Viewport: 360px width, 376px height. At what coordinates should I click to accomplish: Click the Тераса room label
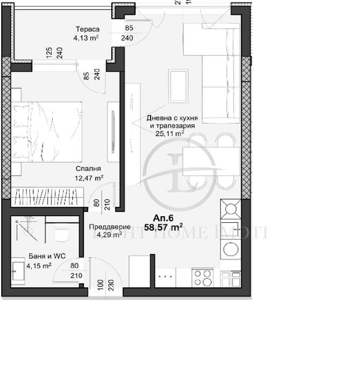[x=86, y=30]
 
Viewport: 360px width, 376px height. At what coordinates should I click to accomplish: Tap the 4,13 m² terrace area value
[x=86, y=38]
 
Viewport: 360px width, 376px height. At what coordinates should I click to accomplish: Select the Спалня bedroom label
[x=87, y=167]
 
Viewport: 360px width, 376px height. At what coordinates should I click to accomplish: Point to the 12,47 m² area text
[x=89, y=177]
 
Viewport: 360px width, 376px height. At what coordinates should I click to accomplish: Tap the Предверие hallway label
[x=107, y=226]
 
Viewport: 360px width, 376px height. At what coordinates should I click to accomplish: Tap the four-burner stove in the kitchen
[x=203, y=278]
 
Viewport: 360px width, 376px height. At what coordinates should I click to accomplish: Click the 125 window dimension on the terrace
[x=48, y=54]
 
